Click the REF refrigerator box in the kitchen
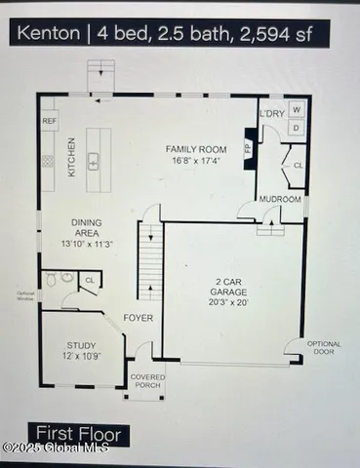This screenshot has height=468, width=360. click(x=50, y=121)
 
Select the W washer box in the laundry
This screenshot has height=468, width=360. click(x=296, y=109)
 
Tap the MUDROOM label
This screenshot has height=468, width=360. click(x=280, y=200)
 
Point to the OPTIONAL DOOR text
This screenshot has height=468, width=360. click(x=325, y=348)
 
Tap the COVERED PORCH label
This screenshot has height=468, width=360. click(x=147, y=380)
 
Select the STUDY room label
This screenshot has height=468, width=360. click(x=81, y=345)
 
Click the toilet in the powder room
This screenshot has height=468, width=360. click(x=64, y=278)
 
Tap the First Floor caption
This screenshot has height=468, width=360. click(x=79, y=433)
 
